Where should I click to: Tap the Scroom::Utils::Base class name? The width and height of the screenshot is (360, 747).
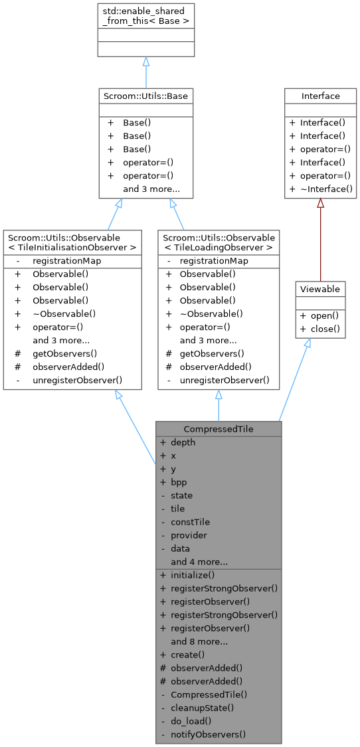[x=145, y=96]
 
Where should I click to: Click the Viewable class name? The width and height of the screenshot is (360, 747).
[x=321, y=289]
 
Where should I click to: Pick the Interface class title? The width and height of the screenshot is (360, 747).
[x=321, y=96]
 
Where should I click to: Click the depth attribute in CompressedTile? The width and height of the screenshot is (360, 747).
[x=183, y=442]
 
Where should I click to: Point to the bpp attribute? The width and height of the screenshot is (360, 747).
[x=179, y=482]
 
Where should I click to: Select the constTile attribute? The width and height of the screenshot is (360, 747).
[x=189, y=522]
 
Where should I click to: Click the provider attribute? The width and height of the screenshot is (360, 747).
[x=189, y=535]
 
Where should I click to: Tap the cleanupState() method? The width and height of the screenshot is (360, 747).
[x=203, y=708]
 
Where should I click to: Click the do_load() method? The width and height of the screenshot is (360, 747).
[x=192, y=721]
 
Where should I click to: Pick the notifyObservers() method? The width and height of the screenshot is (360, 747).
[x=208, y=734]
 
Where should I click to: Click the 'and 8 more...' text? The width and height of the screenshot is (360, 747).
[x=199, y=641]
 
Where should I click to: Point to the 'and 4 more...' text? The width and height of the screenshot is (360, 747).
[x=199, y=562]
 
